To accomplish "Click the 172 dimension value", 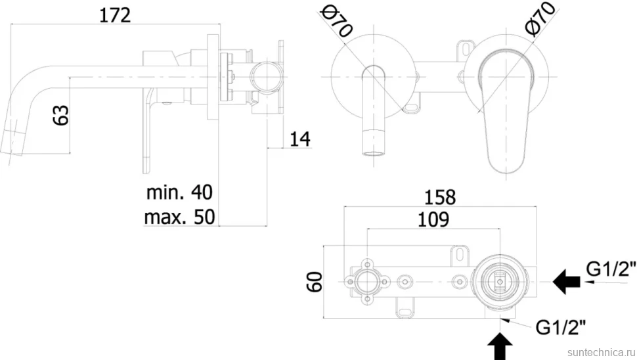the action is [115, 16].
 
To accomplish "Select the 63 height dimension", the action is [61, 115].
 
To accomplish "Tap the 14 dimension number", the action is [300, 139].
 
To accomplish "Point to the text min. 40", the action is [179, 192].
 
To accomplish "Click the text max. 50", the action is [179, 217].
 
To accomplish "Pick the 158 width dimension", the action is [440, 198].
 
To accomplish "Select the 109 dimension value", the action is [433, 219].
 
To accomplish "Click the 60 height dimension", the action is [314, 282].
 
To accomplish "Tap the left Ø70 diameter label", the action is [336, 22].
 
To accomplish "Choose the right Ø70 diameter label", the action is [540, 19].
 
